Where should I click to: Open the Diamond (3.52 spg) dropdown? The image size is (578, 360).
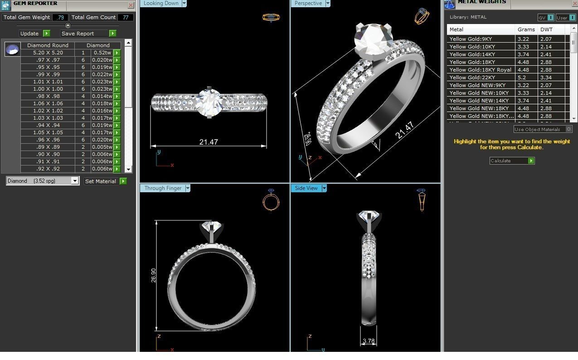tap(75, 181)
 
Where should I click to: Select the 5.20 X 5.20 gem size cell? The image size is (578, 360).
tap(48, 53)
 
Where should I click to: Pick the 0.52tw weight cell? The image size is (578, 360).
tap(102, 53)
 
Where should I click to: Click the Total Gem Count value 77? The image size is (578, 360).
tap(125, 17)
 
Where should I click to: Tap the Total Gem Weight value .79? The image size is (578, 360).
tap(60, 17)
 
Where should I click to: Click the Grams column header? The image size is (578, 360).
tap(526, 29)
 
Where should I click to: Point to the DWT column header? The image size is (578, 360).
tap(546, 29)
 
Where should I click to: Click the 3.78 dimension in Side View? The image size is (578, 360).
tap(369, 341)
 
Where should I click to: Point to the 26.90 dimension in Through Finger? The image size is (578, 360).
tap(154, 275)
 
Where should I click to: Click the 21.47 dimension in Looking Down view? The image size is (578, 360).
tap(209, 142)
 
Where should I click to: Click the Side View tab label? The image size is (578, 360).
tap(306, 188)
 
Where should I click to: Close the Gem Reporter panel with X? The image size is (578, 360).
tap(131, 5)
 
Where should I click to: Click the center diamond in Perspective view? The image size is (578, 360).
tap(373, 39)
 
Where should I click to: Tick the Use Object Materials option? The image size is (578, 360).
tap(569, 130)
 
